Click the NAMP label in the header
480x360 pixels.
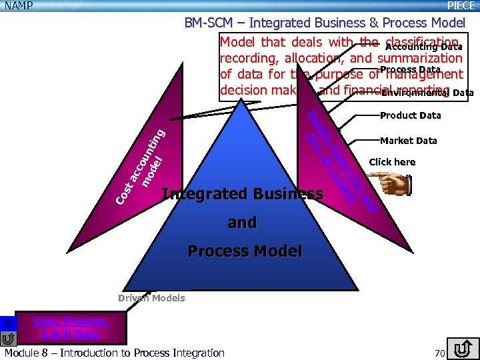17,6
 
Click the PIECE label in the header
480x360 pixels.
461,6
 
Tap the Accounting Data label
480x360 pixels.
423,47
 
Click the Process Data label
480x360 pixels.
410,70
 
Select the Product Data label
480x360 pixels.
410,115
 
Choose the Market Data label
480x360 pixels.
408,141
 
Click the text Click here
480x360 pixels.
392,162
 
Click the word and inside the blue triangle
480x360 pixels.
241,223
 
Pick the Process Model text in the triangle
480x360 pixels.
245,251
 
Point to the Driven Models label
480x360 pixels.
151,298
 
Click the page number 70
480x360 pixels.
439,353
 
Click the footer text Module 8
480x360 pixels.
114,353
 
